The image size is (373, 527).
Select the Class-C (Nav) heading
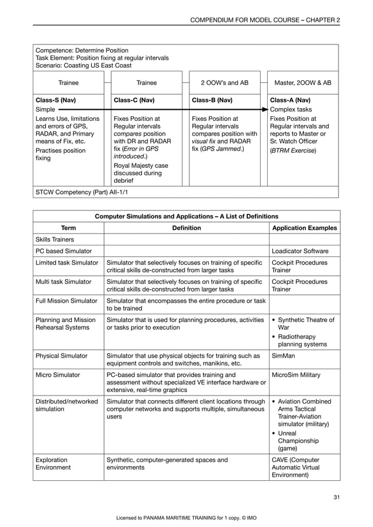(134, 100)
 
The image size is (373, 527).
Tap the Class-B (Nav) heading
(213, 100)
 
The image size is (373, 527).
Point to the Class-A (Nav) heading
(291, 100)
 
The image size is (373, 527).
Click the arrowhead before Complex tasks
(266, 109)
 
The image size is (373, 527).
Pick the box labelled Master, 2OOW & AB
(303, 83)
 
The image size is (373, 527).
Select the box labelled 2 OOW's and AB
(225, 83)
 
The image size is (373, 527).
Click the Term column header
(68, 228)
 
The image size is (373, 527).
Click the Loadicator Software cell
(300, 251)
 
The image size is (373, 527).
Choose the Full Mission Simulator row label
(66, 300)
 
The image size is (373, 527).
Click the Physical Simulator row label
(61, 355)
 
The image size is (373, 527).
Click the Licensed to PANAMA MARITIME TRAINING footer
(186, 518)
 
